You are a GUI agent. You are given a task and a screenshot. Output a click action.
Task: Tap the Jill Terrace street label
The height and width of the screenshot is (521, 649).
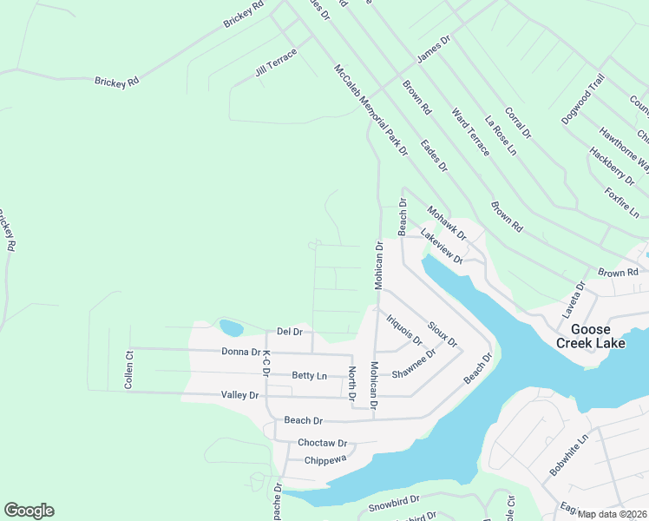(276, 63)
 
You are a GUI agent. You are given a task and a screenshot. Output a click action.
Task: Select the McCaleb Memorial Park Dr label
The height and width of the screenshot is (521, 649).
(370, 110)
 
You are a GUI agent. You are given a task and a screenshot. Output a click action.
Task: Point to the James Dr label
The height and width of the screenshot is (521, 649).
(434, 49)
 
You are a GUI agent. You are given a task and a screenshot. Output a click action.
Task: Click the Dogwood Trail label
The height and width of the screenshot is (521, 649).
(582, 100)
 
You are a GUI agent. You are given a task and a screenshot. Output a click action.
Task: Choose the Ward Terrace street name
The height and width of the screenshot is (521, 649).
(471, 132)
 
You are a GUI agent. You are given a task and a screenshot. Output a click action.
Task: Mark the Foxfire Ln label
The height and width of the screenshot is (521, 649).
(622, 202)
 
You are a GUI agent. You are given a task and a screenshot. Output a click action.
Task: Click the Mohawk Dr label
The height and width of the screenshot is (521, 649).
(446, 223)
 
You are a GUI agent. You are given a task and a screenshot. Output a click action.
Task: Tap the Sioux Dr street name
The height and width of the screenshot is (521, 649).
(442, 336)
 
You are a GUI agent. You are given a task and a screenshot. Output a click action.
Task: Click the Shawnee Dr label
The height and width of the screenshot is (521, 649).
(413, 369)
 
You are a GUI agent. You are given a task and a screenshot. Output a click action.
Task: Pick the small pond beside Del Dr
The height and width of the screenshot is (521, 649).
(232, 328)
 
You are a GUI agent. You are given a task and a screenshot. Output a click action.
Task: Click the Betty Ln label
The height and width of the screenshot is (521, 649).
(310, 376)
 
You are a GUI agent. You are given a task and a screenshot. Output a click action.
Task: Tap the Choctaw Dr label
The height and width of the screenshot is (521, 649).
(322, 442)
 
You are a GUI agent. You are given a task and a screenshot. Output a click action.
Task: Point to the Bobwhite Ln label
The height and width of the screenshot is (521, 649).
(568, 455)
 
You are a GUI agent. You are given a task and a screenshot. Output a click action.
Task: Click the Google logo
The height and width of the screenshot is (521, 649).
(29, 511)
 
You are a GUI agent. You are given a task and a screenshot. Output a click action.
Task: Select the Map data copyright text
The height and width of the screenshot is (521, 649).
(612, 514)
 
